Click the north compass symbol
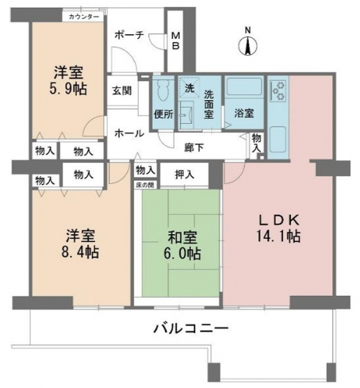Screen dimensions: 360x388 [247, 46]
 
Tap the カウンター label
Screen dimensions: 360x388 [84, 17]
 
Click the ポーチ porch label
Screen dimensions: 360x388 [129, 35]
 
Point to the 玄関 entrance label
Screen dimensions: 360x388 [122, 91]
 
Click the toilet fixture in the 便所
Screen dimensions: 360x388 [164, 89]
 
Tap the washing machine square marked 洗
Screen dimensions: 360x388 [189, 88]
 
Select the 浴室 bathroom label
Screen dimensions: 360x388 [244, 113]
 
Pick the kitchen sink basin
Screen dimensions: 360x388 [278, 140]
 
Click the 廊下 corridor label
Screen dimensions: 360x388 [194, 148]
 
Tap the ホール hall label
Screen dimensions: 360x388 [129, 134]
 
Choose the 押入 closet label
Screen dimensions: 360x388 [185, 175]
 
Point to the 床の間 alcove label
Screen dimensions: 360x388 [145, 185]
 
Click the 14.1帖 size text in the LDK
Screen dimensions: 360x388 [279, 236]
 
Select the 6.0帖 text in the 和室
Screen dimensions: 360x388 [182, 253]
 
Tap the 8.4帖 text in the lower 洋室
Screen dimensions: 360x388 [80, 252]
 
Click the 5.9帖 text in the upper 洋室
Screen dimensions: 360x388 [68, 89]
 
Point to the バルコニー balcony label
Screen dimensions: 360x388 [191, 329]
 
